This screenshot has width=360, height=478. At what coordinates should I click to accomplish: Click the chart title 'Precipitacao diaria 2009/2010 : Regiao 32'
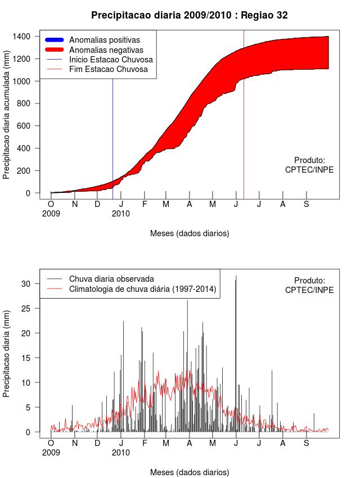(189, 15)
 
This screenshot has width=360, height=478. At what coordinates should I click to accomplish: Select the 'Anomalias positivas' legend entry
(104, 40)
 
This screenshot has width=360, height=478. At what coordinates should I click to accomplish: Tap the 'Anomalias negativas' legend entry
(105, 50)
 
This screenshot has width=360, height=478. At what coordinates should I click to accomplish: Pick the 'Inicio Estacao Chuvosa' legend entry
(111, 60)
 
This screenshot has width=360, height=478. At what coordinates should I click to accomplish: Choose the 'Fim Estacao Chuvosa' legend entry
(108, 70)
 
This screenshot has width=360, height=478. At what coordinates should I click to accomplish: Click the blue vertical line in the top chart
(112, 141)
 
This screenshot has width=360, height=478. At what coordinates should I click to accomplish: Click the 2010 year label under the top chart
(120, 214)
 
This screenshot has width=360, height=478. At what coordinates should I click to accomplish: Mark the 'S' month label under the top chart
(307, 204)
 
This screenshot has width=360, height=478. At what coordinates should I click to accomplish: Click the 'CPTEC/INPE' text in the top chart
(309, 170)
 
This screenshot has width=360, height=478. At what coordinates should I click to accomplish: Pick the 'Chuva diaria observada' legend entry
(111, 279)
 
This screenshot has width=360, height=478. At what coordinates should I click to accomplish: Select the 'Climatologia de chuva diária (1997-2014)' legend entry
(142, 289)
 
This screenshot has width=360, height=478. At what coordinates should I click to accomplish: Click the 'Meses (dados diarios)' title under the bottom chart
(190, 472)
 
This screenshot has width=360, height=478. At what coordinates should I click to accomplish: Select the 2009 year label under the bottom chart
(51, 452)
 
